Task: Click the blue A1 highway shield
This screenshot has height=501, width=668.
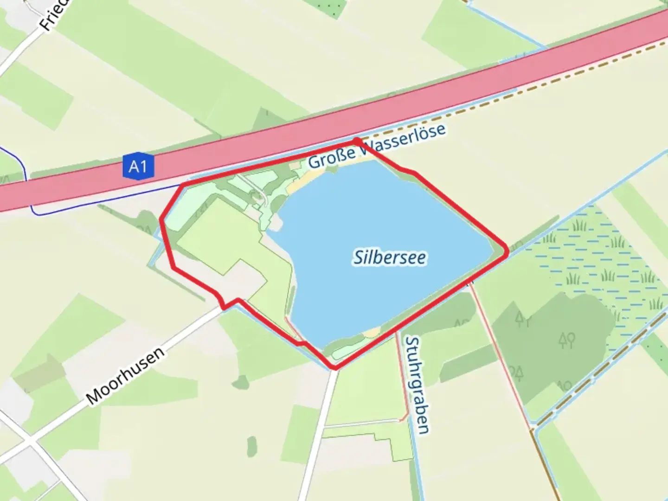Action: coord(138,165)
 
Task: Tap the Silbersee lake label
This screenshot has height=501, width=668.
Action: coord(390,257)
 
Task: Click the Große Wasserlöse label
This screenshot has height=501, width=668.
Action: coord(377,146)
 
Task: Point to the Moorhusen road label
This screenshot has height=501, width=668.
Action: coord(125,375)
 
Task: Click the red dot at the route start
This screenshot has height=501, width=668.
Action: coord(356,141)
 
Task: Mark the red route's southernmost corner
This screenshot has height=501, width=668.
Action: coord(334,368)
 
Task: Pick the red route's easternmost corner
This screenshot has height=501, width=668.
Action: coord(507,251)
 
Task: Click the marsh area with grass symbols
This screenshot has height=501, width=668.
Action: coord(598,260)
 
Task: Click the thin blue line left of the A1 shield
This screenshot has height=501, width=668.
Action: coord(70,214)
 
